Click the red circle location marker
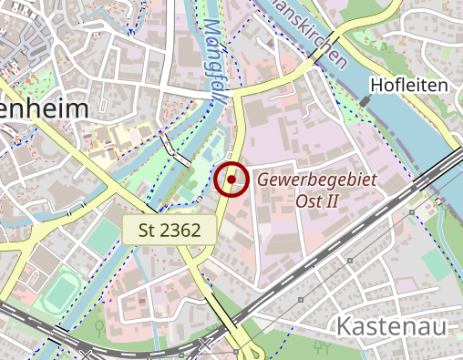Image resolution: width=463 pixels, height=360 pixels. click(232, 180)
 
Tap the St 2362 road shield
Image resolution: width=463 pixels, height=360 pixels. click(170, 230)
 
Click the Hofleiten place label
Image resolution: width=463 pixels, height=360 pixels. click(409, 86)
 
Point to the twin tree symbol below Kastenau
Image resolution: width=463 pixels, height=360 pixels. click(320, 347)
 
